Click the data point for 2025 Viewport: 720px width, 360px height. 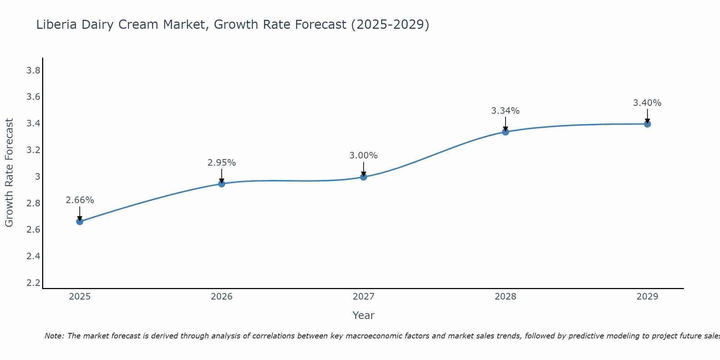(x=80, y=221)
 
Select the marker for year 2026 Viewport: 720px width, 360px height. (x=222, y=184)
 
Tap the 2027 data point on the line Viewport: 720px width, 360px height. (x=364, y=177)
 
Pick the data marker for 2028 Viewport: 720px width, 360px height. (x=505, y=132)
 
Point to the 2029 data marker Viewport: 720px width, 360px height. (x=647, y=124)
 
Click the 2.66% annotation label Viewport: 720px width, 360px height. (x=80, y=200)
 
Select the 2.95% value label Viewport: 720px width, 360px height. (x=222, y=163)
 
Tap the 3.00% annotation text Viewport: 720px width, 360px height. (x=364, y=156)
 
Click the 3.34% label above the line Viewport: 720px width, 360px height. (x=505, y=111)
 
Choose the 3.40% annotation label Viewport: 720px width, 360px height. (x=647, y=103)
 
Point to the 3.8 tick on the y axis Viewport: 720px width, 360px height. (x=33, y=71)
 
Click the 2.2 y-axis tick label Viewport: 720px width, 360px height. (x=33, y=283)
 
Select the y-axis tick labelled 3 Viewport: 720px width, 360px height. (x=37, y=177)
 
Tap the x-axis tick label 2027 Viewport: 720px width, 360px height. (x=364, y=297)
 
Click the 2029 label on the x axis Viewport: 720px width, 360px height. (x=647, y=297)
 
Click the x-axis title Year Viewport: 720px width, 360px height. (x=364, y=315)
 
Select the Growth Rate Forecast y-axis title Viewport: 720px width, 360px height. (x=9, y=173)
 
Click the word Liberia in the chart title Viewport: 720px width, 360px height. (x=57, y=25)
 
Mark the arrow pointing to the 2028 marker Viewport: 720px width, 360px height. (x=505, y=124)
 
